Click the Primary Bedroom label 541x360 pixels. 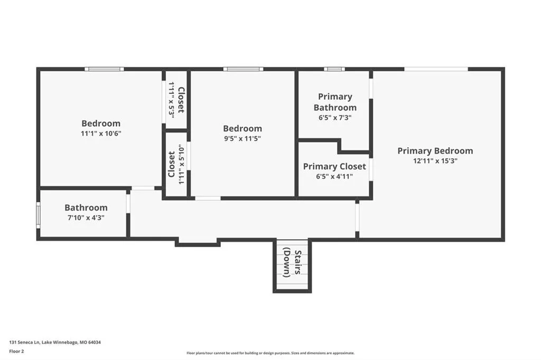[x=435, y=150]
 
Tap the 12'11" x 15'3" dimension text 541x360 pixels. [x=435, y=160]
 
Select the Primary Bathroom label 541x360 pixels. [x=335, y=102]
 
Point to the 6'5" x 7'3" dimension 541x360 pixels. [x=335, y=118]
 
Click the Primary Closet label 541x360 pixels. [x=334, y=167]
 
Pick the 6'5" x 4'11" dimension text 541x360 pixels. [x=334, y=176]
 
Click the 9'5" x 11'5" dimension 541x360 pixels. [x=242, y=139]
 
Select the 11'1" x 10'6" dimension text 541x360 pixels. [x=101, y=134]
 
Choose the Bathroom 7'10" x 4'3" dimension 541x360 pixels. [x=86, y=217]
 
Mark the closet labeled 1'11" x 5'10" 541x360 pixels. [x=176, y=165]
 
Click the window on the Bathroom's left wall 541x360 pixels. [x=38, y=215]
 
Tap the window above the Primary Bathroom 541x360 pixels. [x=334, y=69]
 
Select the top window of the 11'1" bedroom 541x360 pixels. [x=104, y=69]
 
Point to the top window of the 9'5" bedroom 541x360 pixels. [x=243, y=69]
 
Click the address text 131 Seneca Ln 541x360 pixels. [x=25, y=343]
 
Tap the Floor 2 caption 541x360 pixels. [x=16, y=352]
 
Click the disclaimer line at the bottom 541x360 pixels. [x=270, y=353]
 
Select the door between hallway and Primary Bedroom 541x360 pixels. [x=357, y=217]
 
